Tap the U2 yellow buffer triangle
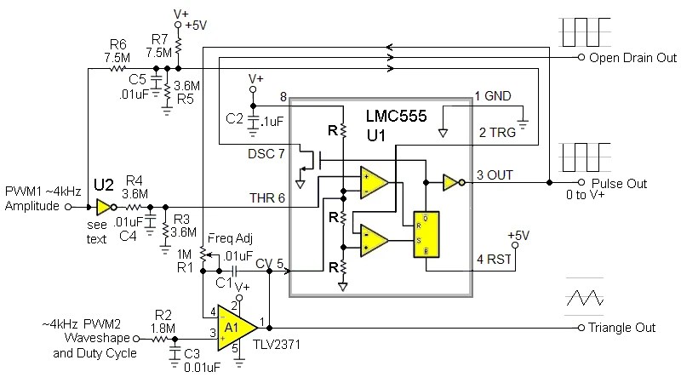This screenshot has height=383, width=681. [x=104, y=207]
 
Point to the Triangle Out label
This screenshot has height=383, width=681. [x=622, y=328]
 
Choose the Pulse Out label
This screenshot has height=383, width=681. [x=618, y=183]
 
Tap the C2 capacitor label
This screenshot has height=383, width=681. [x=236, y=118]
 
